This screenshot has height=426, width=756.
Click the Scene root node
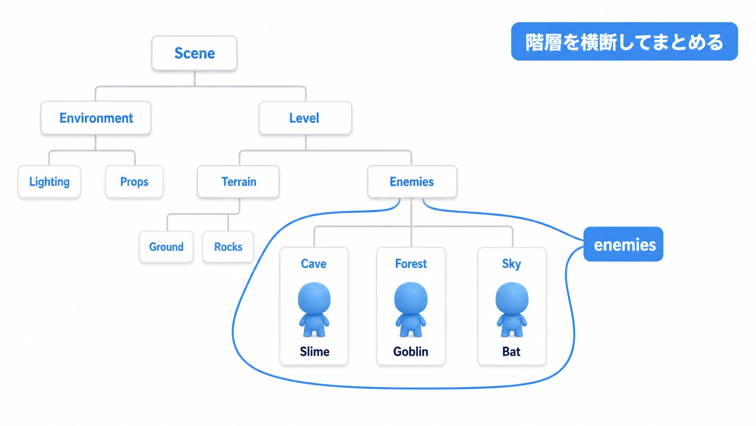[x=194, y=53]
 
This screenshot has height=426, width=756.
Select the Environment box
[x=96, y=118]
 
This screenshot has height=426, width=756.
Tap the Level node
[x=305, y=118]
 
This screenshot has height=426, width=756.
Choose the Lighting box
[x=49, y=182]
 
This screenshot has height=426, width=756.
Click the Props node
[x=134, y=182]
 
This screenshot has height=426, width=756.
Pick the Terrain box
[x=238, y=182]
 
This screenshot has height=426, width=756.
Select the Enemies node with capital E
[x=412, y=182]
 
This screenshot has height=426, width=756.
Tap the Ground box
[x=166, y=247]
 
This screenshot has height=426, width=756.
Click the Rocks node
[x=228, y=247]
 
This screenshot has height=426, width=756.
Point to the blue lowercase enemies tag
[x=624, y=244]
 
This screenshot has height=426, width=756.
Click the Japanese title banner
[x=624, y=42]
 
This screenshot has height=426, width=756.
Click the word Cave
[x=313, y=263]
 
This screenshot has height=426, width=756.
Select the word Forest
[x=411, y=263]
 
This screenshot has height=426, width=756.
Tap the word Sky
[x=511, y=264]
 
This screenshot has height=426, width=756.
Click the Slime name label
[x=315, y=351]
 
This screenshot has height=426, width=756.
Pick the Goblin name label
[x=411, y=351]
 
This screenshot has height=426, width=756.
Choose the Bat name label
[x=511, y=351]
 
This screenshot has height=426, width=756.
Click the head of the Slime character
[x=314, y=299]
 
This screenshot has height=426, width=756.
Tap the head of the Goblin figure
[x=411, y=299]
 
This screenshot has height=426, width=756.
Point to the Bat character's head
[x=512, y=299]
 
